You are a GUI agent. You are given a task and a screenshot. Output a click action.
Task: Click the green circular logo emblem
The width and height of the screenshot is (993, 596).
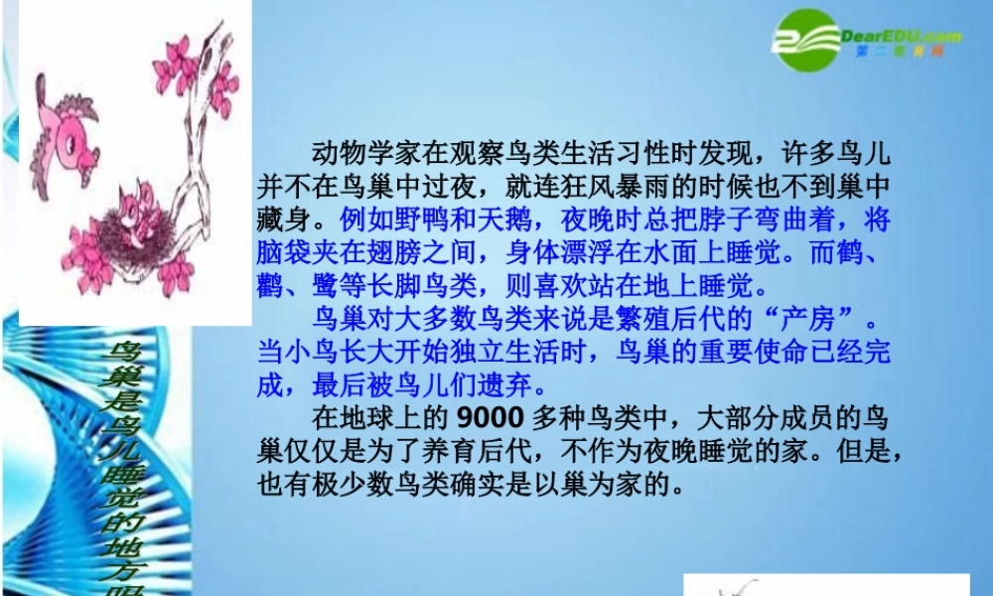pyautogui.click(x=805, y=41)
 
